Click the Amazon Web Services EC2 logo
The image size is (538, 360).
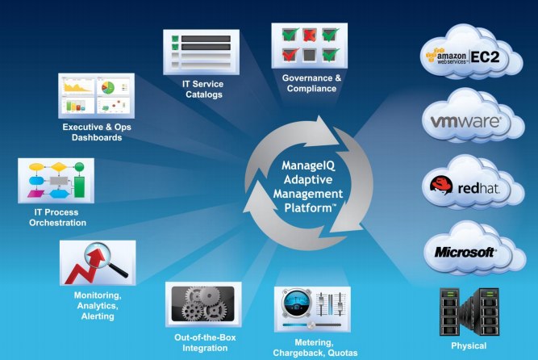point(467,57)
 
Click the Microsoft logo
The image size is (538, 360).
point(465,252)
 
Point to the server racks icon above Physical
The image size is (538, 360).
point(468,312)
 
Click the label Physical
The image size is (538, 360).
point(469,346)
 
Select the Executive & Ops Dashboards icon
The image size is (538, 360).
point(96,95)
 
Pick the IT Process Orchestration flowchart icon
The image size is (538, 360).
point(56,179)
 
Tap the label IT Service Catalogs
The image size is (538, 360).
point(202,89)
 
